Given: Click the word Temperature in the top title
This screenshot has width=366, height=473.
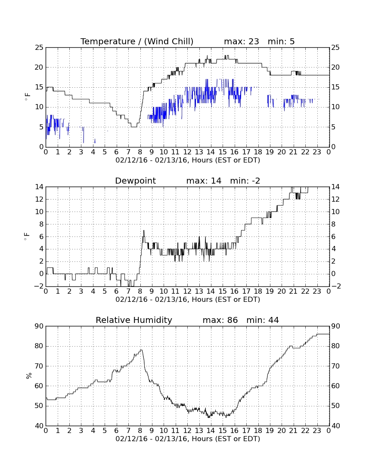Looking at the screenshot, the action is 108,41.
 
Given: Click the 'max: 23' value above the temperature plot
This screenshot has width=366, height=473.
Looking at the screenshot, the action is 242,41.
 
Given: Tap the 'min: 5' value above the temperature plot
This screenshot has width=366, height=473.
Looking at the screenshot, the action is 281,41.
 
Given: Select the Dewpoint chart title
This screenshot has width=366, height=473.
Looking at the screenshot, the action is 136,181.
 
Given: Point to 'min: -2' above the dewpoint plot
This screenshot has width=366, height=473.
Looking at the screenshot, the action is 245,181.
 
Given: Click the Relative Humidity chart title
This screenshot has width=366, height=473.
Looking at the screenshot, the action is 134,320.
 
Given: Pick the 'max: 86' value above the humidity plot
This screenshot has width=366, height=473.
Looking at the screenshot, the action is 220,320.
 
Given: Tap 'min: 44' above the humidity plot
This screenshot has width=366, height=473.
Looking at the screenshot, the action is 263,320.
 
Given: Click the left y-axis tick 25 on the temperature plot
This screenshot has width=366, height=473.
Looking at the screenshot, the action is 39,48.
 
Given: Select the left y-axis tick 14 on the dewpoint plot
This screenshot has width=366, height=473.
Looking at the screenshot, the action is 39,187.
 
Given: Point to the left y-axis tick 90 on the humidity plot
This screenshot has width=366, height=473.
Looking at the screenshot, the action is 39,326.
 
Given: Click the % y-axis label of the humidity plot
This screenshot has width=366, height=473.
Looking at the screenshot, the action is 29,376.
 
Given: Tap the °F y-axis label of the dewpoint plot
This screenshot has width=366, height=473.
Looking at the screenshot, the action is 27,236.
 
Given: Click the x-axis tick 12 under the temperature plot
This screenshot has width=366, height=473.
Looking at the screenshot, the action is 187,152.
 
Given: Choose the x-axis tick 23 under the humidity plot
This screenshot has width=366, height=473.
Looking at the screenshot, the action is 317,430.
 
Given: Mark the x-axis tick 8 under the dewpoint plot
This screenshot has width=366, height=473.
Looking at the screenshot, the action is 140,292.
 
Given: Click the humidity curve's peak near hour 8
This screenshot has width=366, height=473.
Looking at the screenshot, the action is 141,350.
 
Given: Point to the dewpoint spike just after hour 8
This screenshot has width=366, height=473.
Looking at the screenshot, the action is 144,231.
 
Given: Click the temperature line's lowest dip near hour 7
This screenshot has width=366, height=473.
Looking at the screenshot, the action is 133,127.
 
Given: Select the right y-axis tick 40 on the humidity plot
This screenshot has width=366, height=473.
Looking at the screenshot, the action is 336,426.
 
